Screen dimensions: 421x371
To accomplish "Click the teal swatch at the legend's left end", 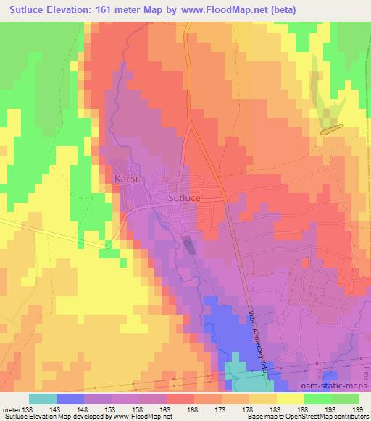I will coord(43,399).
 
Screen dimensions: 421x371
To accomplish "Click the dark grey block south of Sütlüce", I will coord(189,246).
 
